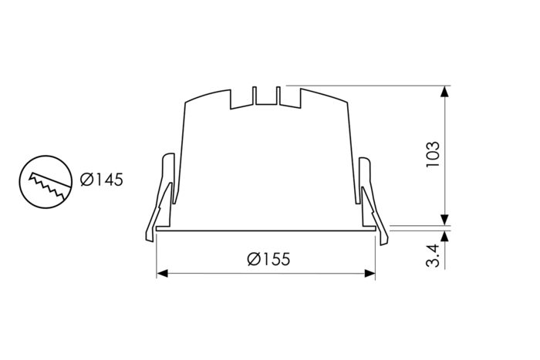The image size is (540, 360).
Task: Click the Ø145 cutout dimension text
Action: (102, 180)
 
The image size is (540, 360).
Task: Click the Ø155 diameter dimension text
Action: (268, 259)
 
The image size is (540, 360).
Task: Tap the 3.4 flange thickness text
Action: (433, 255)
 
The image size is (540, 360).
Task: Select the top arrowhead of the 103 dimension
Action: (444, 91)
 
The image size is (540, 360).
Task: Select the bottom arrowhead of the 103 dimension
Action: (444, 220)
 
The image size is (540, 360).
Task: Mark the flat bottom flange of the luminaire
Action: (266, 229)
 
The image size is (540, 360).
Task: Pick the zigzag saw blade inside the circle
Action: (44, 183)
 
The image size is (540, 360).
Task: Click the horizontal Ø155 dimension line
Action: (231, 273)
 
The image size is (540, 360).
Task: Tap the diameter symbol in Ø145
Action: (87, 180)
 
